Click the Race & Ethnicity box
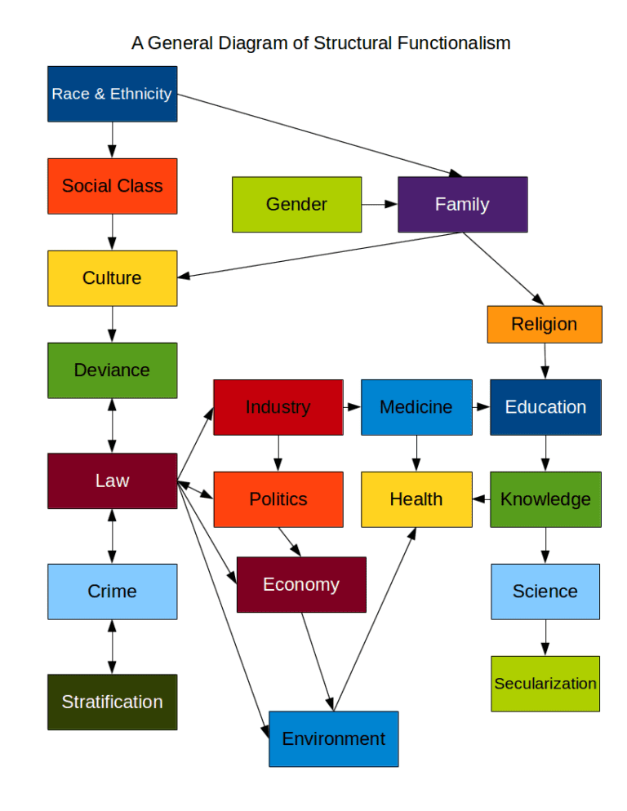pyautogui.click(x=112, y=94)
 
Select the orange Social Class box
pyautogui.click(x=112, y=186)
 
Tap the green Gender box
pyautogui.click(x=296, y=205)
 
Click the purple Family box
pyautogui.click(x=462, y=205)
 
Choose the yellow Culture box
pyautogui.click(x=112, y=278)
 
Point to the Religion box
pyautogui.click(x=544, y=324)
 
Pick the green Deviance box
pyautogui.click(x=112, y=370)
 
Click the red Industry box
pyautogui.click(x=278, y=407)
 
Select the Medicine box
pyautogui.click(x=416, y=407)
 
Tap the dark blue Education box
pyautogui.click(x=545, y=407)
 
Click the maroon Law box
pyautogui.click(x=112, y=481)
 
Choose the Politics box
pyautogui.click(x=278, y=499)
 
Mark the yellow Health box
pyautogui.click(x=416, y=499)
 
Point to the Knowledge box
pyautogui.click(x=545, y=499)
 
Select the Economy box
pyautogui.click(x=300, y=584)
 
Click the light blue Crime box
pyautogui.click(x=112, y=592)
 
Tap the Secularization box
pyautogui.click(x=545, y=684)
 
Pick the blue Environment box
pyautogui.click(x=333, y=739)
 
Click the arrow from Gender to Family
pyautogui.click(x=380, y=205)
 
